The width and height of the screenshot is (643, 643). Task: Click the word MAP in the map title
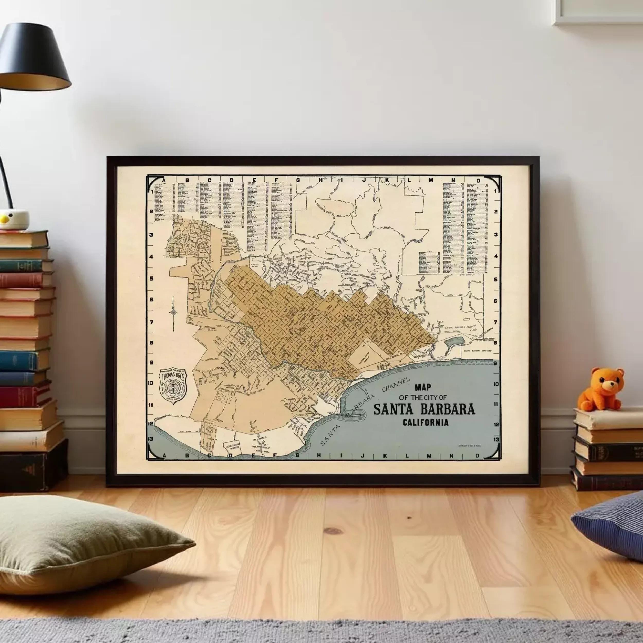422,387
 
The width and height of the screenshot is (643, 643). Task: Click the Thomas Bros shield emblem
173,386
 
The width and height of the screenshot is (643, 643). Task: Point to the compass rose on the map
173,312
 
